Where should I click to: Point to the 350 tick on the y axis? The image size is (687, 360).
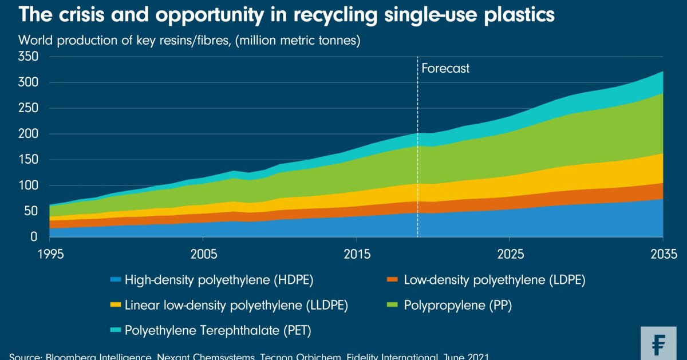28,57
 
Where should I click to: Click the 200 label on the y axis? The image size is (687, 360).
28,134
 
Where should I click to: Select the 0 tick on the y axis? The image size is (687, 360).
34,237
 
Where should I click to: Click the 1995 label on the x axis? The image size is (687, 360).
50,254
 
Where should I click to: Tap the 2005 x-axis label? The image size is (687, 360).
203,254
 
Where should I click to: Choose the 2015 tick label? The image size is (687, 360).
356,254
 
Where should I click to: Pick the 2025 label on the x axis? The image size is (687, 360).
510,254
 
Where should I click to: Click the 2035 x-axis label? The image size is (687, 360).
662,254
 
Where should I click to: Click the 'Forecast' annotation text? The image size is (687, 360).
445,69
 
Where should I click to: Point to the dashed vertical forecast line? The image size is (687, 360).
417,172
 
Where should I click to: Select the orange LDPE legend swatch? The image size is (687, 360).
392,280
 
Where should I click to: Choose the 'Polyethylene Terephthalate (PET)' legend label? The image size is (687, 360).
218,330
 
